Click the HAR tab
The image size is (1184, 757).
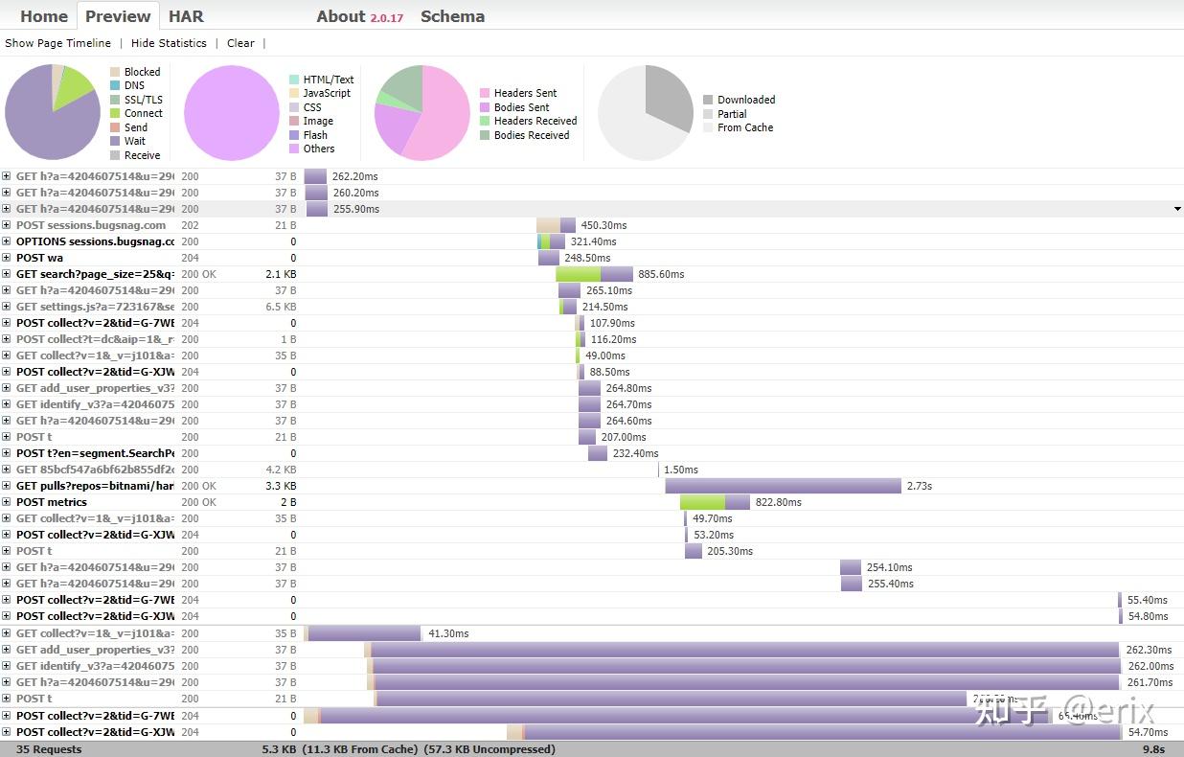186,16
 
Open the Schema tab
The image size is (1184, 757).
452,16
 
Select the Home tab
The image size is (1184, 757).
44,16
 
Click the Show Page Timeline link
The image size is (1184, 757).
57,43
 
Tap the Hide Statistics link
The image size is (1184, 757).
169,43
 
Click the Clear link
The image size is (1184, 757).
240,43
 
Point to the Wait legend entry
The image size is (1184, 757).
134,141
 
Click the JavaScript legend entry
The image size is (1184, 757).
326,93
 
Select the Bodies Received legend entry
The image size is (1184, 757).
531,135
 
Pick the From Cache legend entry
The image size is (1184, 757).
744,127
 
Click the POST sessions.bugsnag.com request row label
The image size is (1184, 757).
91,225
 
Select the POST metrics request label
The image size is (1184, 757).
52,502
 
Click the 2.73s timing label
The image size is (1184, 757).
919,486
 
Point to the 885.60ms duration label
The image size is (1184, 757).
661,274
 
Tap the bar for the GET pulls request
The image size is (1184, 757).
783,486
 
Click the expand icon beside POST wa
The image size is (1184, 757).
6,258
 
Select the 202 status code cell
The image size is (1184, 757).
190,225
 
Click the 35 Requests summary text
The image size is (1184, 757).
49,749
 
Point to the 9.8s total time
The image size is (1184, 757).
1153,749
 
